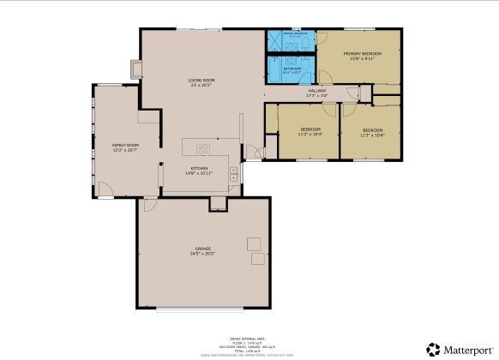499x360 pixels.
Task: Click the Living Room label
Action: point(201,81)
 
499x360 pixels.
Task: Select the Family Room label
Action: point(125,146)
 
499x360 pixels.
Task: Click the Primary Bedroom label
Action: point(362,54)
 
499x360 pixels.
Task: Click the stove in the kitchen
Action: point(233,171)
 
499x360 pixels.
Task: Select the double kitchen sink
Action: point(219,140)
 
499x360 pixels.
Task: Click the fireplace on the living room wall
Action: point(135,67)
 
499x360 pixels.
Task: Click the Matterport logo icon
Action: point(434,349)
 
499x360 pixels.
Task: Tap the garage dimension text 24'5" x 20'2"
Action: point(202,254)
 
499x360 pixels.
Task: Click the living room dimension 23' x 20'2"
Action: point(201,86)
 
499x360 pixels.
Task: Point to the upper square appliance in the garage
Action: point(255,243)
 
